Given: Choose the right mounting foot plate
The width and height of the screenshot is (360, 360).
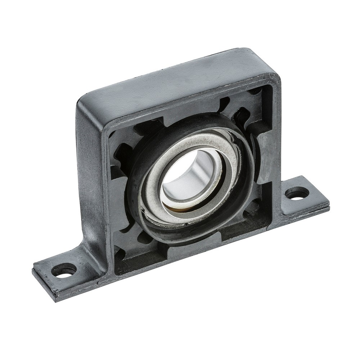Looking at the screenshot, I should click(x=306, y=198).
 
